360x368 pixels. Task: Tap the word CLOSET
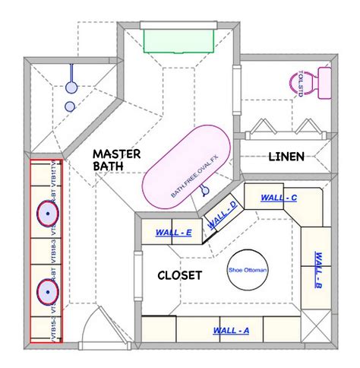pyautogui.click(x=179, y=275)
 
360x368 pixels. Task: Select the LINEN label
pyautogui.click(x=286, y=157)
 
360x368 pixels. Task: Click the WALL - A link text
pyautogui.click(x=232, y=331)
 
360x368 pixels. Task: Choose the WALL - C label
pyautogui.click(x=278, y=198)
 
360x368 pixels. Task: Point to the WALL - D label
pyautogui.click(x=223, y=217)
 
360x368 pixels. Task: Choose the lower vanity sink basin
pyautogui.click(x=48, y=290)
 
